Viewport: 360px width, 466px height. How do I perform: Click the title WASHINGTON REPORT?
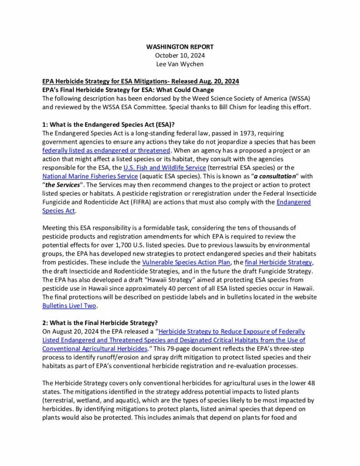(180, 47)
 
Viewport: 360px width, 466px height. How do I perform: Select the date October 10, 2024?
(180, 55)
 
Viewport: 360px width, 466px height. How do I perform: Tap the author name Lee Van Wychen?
(180, 64)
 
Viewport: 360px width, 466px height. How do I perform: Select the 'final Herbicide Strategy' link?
(278, 262)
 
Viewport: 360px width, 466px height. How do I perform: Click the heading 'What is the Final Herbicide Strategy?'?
(96, 323)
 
